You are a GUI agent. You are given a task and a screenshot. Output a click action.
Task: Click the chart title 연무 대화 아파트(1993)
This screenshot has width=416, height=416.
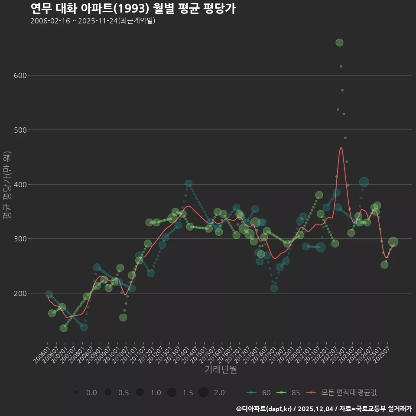(x=133, y=8)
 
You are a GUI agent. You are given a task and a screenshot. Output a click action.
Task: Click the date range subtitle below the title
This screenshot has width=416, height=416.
(x=93, y=21)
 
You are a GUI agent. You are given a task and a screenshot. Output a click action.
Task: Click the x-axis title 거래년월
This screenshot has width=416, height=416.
(x=221, y=370)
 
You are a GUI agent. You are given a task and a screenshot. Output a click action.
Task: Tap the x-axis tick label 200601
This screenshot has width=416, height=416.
(x=42, y=351)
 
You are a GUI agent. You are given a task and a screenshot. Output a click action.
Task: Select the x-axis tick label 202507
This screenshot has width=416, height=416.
(x=385, y=351)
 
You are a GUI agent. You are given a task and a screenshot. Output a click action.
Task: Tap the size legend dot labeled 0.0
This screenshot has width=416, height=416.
(x=76, y=393)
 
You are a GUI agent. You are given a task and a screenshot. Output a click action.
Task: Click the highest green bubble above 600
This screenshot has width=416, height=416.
(x=339, y=42)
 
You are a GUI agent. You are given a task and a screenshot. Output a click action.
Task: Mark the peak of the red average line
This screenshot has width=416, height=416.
(x=341, y=147)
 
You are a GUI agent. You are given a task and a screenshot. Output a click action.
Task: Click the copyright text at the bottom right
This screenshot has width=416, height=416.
(x=324, y=409)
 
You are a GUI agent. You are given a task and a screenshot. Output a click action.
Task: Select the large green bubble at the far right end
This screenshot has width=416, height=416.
(x=393, y=242)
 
